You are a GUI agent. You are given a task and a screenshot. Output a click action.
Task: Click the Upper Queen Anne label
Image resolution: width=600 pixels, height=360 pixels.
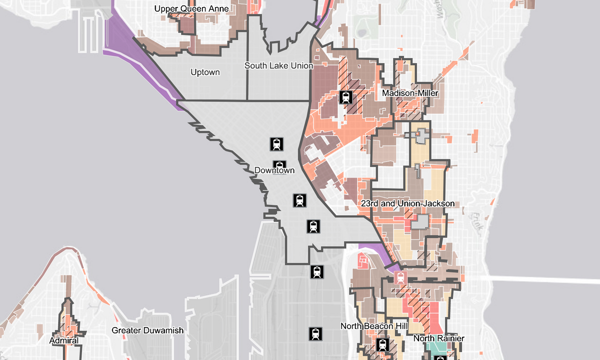(x=191, y=9)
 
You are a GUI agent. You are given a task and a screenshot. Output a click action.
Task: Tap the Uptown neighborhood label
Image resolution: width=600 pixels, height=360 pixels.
(x=205, y=72)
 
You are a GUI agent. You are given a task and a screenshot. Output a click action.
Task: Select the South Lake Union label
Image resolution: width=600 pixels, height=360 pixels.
(x=278, y=66)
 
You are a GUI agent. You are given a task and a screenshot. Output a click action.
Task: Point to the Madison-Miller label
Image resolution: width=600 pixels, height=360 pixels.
(x=410, y=93)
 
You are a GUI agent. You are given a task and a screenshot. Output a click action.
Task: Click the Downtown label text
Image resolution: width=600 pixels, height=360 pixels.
(x=274, y=171)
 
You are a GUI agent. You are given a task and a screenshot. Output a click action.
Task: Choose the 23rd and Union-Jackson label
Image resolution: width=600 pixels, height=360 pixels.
(x=407, y=203)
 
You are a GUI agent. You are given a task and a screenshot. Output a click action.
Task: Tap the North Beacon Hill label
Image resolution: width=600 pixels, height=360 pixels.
(x=374, y=326)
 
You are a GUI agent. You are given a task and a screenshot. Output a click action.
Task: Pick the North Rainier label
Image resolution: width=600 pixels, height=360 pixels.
(x=439, y=338)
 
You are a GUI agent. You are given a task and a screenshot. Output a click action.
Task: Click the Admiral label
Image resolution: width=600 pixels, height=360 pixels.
(x=64, y=341)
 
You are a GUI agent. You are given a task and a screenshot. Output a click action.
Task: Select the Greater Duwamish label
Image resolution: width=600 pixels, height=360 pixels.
(x=148, y=330)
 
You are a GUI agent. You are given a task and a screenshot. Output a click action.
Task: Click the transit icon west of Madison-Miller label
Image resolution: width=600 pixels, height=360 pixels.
(x=346, y=97)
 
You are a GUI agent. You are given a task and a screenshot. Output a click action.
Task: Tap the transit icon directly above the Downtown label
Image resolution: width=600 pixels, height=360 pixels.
(x=277, y=144)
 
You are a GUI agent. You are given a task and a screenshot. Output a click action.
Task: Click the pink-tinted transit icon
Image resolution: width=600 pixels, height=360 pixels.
(x=400, y=278)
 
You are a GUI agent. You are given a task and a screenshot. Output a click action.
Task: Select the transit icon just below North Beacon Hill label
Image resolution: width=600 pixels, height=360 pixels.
(x=383, y=345)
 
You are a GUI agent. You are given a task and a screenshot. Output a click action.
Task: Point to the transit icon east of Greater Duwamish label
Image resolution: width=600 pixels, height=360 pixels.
(x=315, y=333)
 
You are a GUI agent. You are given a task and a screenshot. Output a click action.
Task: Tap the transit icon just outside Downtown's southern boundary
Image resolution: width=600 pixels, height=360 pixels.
(x=317, y=272)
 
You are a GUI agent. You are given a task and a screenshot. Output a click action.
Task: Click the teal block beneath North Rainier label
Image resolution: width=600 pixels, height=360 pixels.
(x=434, y=348)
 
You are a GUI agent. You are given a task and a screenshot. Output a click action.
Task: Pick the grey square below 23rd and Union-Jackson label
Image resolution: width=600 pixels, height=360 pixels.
(x=421, y=222)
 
